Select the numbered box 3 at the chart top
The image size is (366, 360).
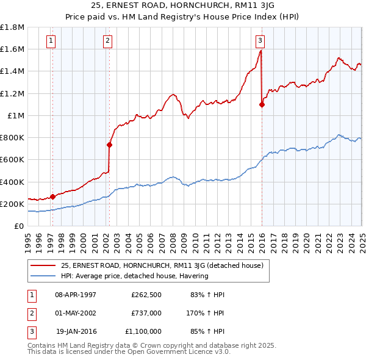260,41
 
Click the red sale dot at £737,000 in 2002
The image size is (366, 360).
109,145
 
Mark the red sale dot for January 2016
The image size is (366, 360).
262,104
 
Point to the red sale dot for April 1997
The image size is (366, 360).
52,196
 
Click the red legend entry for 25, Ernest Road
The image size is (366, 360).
162,265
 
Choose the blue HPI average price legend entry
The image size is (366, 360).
135,276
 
